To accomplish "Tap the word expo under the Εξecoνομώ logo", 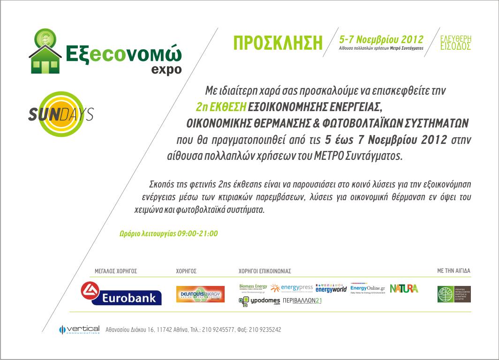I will (x=166, y=69).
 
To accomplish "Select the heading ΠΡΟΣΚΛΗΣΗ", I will (x=278, y=43).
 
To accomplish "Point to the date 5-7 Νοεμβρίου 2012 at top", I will (x=381, y=39).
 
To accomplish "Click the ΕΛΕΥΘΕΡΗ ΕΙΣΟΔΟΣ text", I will (x=456, y=43).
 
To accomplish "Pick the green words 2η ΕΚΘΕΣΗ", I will (x=221, y=106).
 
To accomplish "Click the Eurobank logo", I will (x=121, y=293).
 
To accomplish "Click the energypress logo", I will (x=292, y=287).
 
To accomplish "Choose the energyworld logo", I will (x=331, y=288).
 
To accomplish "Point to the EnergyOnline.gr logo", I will (x=368, y=288).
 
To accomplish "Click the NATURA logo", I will (x=404, y=288).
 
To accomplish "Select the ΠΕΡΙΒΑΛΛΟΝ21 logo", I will (x=302, y=301).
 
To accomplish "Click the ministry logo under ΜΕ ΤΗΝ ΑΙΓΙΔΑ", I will (x=454, y=293).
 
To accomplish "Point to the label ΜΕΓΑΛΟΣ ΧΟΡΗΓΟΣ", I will (x=116, y=271).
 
